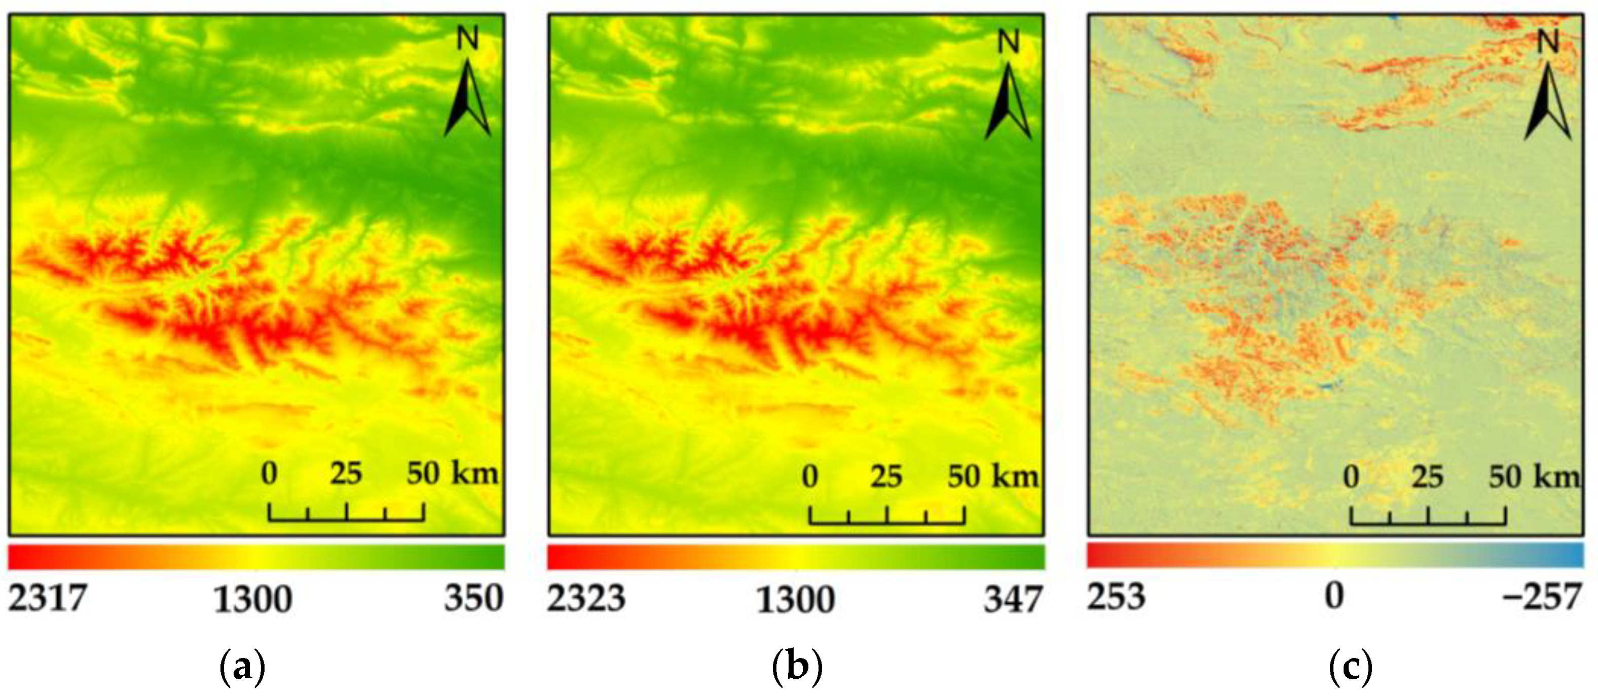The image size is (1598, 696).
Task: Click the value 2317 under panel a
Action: tap(47, 599)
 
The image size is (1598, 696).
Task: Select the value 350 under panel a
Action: tap(473, 599)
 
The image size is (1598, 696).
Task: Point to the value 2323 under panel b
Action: tap(586, 599)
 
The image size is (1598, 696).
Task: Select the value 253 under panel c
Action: tap(1116, 597)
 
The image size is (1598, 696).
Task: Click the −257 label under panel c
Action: tap(1541, 597)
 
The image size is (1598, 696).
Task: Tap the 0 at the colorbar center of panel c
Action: tap(1334, 596)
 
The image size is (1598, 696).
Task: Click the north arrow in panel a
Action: tap(468, 99)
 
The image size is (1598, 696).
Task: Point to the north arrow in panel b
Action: tap(1009, 100)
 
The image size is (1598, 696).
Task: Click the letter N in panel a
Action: tap(468, 39)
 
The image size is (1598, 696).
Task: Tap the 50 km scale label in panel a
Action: tap(452, 473)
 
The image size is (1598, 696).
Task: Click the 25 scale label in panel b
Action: tap(886, 477)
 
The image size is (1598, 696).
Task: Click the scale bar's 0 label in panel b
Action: tap(809, 477)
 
